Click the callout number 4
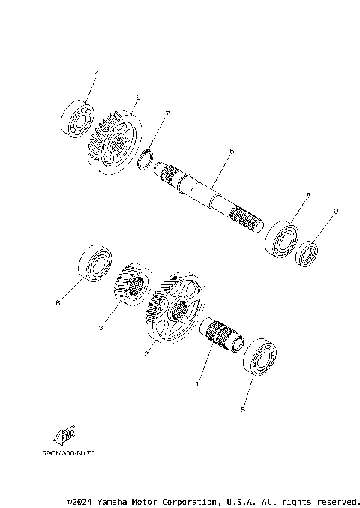click(96, 74)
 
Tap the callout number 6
click(138, 97)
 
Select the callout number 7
click(167, 113)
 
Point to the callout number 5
click(232, 151)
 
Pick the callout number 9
click(336, 212)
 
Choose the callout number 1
click(197, 383)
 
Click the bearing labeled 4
click(77, 118)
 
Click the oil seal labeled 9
click(307, 252)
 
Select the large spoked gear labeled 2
click(175, 308)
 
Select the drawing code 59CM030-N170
click(69, 453)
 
